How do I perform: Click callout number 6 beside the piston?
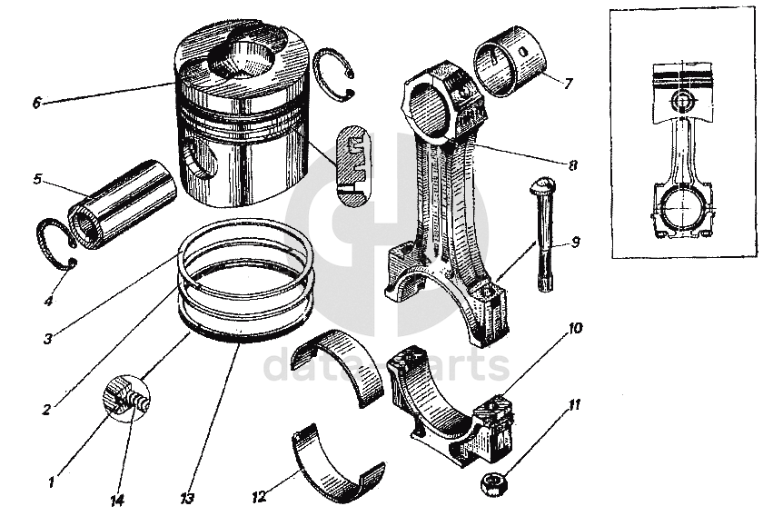[x=36, y=103]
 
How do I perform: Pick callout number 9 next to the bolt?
[x=573, y=243]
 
